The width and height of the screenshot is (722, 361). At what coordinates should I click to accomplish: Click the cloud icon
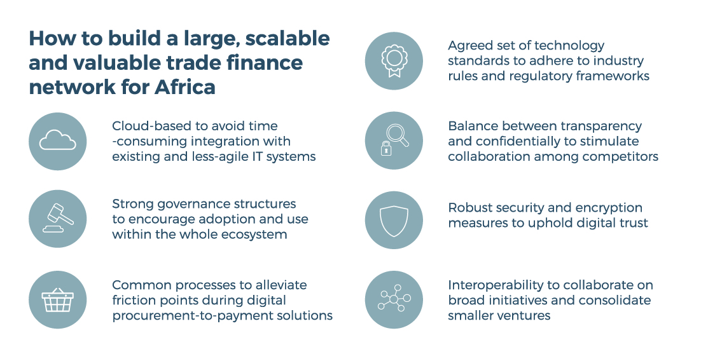coord(57,140)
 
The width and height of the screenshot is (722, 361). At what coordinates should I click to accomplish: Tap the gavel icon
coord(58,218)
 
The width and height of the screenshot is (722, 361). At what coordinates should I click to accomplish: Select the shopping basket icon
coord(57,300)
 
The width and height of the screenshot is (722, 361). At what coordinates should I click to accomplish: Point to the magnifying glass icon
coord(398,135)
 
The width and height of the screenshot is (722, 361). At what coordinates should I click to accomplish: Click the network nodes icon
coord(394,299)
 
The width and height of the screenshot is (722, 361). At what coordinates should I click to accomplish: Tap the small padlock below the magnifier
coord(386,148)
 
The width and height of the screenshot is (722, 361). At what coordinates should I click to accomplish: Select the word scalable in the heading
coord(288,38)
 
